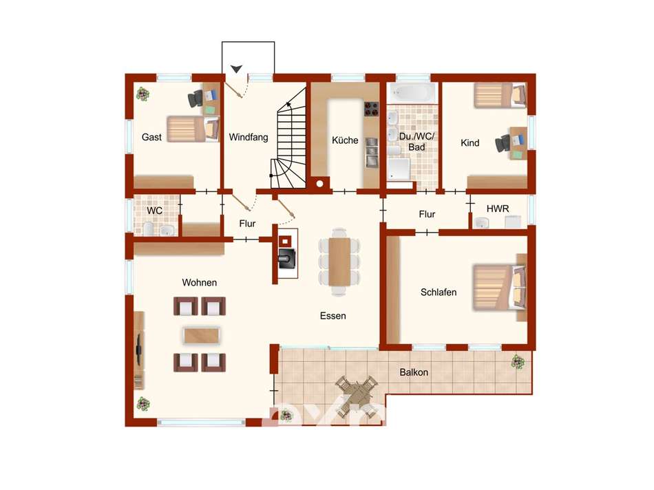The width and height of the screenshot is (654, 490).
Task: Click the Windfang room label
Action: (x=248, y=137)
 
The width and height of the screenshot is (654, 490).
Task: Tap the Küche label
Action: (x=345, y=140)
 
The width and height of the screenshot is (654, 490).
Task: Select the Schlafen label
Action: (x=439, y=292)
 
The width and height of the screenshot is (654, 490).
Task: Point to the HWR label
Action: (x=498, y=209)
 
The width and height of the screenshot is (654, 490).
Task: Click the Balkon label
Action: (x=414, y=372)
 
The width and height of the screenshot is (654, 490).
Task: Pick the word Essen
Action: (x=333, y=316)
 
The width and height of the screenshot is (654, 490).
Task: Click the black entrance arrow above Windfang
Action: (x=237, y=69)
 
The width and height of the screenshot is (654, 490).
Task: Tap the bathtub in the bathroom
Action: (x=412, y=93)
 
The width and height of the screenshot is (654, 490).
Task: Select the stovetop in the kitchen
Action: (x=371, y=109)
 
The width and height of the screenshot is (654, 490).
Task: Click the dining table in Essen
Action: (x=339, y=262)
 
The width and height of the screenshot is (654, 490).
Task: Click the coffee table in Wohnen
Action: (x=202, y=335)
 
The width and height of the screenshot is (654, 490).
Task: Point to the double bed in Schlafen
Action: (x=499, y=288)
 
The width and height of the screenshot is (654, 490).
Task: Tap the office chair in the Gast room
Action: (x=196, y=98)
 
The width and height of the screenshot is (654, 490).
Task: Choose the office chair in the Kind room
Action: (x=503, y=143)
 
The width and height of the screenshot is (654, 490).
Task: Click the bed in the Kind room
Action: (x=500, y=95)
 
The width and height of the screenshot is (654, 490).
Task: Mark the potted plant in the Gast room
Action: (x=143, y=94)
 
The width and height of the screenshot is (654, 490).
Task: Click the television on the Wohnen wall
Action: (x=138, y=344)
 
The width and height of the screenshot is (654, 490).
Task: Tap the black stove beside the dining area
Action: (x=286, y=259)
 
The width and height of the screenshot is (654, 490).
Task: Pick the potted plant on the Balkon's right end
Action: (x=518, y=361)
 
